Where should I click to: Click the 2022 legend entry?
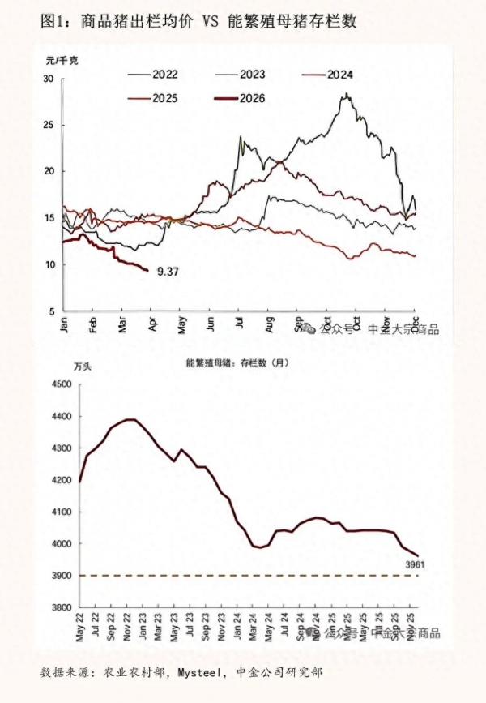pyautogui.click(x=162, y=74)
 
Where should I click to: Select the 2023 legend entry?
pyautogui.click(x=251, y=74)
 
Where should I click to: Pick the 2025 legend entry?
pyautogui.click(x=163, y=99)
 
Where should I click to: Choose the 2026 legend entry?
pyautogui.click(x=252, y=99)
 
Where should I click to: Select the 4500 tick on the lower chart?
pyautogui.click(x=61, y=385)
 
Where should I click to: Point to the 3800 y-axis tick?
pyautogui.click(x=61, y=607)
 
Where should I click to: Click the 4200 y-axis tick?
pyautogui.click(x=61, y=480)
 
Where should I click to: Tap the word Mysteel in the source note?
pyautogui.click(x=199, y=672)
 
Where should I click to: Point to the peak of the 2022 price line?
pyautogui.click(x=347, y=95)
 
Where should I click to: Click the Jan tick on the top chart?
pyautogui.click(x=64, y=324)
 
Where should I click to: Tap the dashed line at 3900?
pyautogui.click(x=243, y=576)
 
